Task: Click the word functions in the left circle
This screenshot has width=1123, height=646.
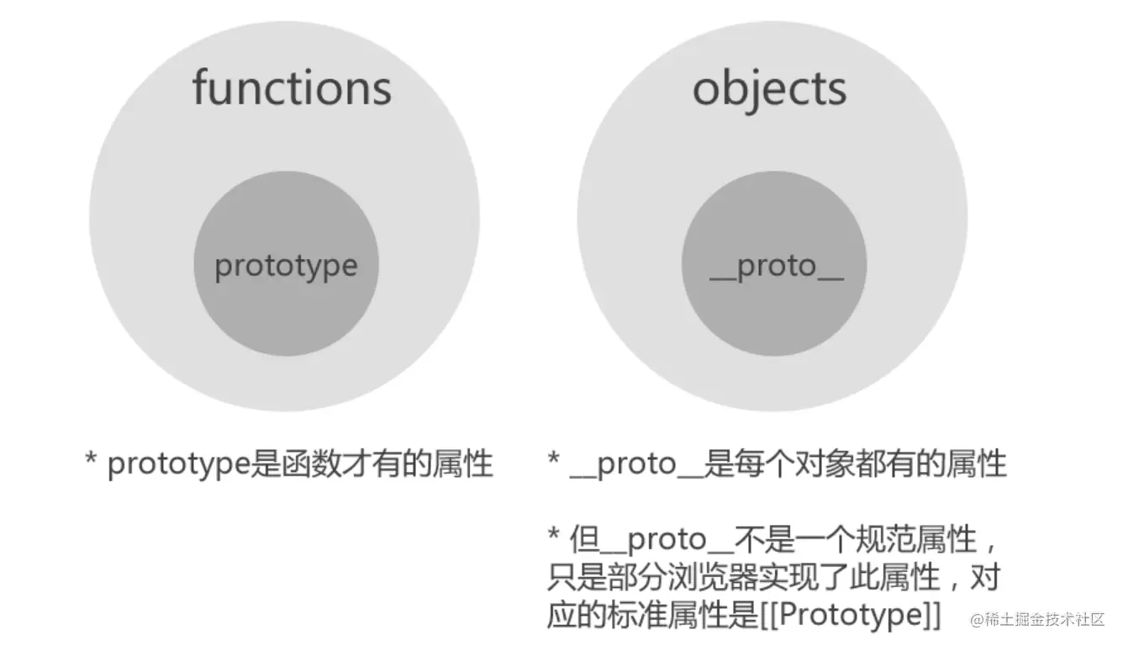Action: point(292,87)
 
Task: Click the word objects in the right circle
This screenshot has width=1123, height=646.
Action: point(769,87)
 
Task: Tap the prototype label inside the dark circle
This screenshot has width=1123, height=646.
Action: point(286,266)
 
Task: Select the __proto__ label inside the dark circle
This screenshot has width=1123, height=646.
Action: point(775,266)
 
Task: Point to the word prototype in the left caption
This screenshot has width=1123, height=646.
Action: point(179,464)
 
